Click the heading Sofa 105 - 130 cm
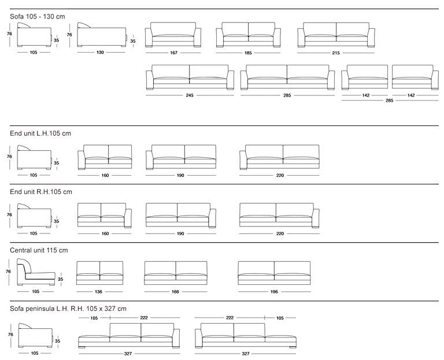[x=38, y=16]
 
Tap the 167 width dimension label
[x=173, y=53]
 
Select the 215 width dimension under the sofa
[x=336, y=53]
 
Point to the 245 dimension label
[x=190, y=95]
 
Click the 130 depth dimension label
[x=100, y=53]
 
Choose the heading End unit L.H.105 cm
[x=40, y=133]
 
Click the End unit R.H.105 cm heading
[x=41, y=192]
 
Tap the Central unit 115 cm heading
[x=39, y=250]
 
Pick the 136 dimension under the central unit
[x=98, y=291]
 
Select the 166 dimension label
[x=175, y=291]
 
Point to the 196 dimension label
[x=274, y=291]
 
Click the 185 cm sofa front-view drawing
[x=249, y=35]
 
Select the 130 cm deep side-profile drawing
[x=102, y=35]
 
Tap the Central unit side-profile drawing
[x=36, y=272]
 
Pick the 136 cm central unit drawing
[x=99, y=273]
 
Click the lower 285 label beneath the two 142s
[x=389, y=101]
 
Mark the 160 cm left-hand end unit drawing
[x=105, y=157]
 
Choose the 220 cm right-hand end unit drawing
[x=279, y=216]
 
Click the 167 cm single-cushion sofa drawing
[x=173, y=35]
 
